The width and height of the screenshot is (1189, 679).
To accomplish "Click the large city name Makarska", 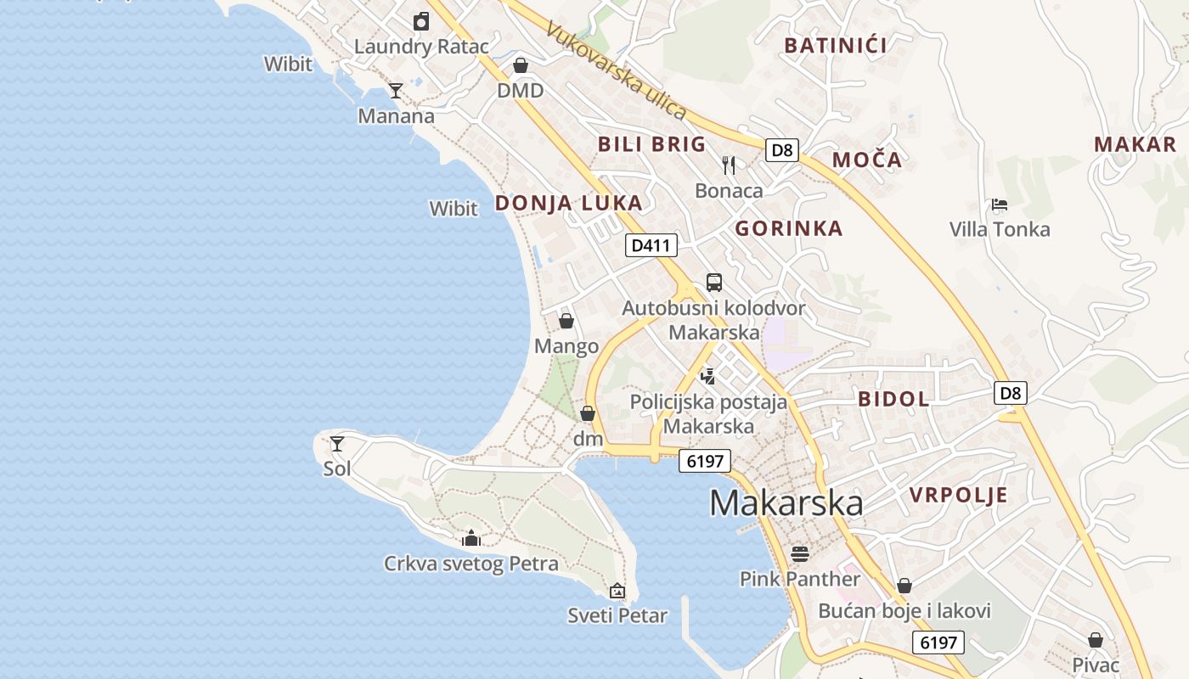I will pos(786,502).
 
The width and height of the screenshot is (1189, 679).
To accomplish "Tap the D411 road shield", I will pos(651,246).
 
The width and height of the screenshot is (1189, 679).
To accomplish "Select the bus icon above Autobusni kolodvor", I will pos(714,283).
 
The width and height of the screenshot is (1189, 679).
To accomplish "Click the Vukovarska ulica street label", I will pos(616,70).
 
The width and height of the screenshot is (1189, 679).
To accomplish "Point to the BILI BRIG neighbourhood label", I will pos(651,144).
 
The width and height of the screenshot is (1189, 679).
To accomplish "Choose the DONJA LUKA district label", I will pos(568,204).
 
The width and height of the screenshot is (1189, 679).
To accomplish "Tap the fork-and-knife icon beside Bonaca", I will pos(729,165).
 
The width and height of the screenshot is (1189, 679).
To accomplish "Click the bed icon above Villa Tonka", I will pos(1000,205).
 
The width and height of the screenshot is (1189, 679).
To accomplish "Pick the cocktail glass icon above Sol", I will pos(337,443).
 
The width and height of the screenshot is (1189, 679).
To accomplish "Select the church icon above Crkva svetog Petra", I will pos(471,538).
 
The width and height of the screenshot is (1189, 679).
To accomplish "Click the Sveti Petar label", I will pos(617,615).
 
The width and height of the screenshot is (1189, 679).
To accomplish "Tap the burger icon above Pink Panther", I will pos(800,554).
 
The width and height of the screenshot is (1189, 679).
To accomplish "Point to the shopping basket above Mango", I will pos(566,321).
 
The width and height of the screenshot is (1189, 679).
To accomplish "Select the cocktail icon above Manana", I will pos(395,90).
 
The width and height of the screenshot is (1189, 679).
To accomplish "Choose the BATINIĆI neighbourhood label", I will pos(836,46).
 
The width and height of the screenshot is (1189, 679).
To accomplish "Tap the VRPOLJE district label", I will pos(958,496).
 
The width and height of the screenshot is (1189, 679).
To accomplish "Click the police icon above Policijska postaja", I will pos(707,376).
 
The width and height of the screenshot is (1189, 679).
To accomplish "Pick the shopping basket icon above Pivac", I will pos(1096,640).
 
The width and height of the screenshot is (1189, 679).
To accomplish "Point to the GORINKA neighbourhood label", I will pos(788,228).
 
